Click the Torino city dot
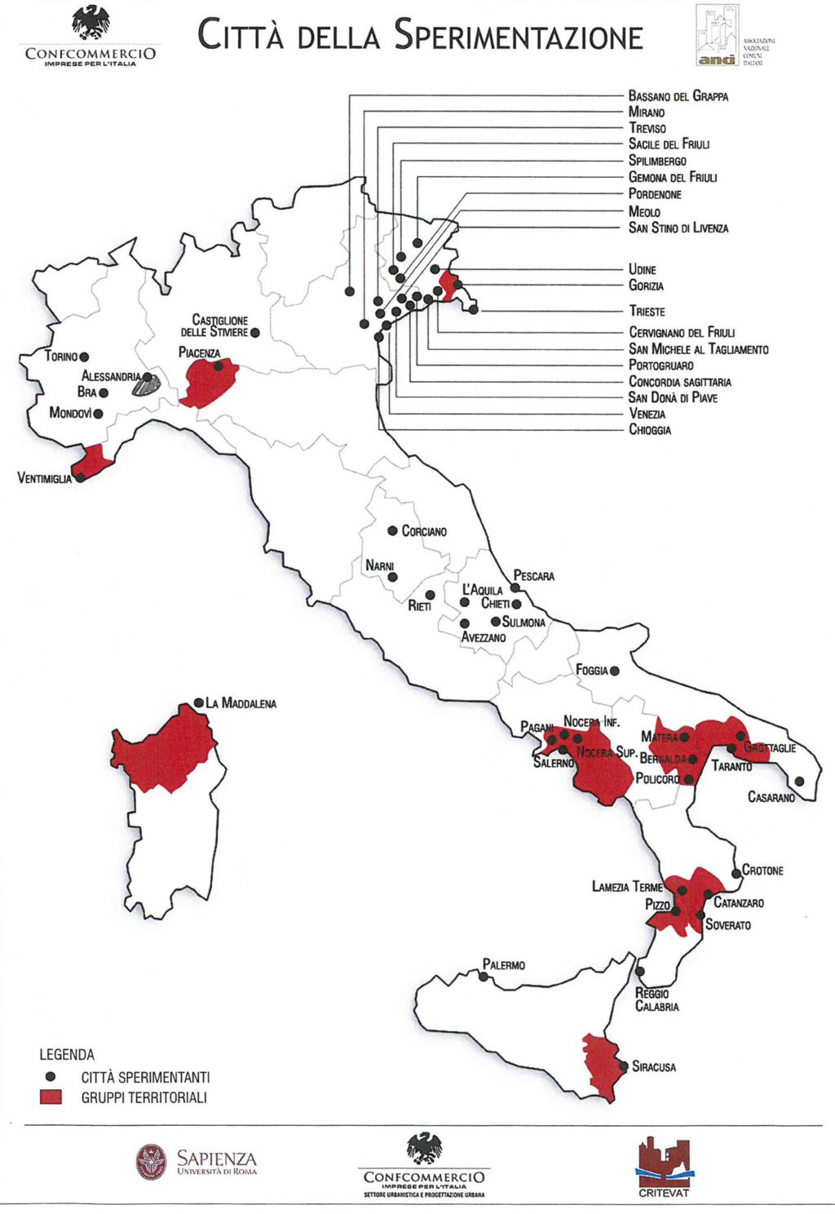pyautogui.click(x=84, y=357)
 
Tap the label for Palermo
pyautogui.click(x=503, y=965)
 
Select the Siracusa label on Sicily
pyautogui.click(x=653, y=1066)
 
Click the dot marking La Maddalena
pyautogui.click(x=198, y=702)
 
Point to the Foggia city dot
pyautogui.click(x=615, y=671)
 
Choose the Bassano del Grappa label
pyautogui.click(x=678, y=96)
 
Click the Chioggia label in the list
pyautogui.click(x=649, y=430)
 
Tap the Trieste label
pyautogui.click(x=647, y=311)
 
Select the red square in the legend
pyautogui.click(x=51, y=1097)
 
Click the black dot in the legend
pyautogui.click(x=51, y=1076)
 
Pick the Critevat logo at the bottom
pyautogui.click(x=664, y=1165)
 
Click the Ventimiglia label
pyautogui.click(x=44, y=478)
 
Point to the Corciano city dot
pyautogui.click(x=392, y=530)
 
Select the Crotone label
pyautogui.click(x=762, y=871)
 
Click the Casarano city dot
pyautogui.click(x=799, y=781)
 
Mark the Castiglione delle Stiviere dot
pyautogui.click(x=255, y=333)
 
